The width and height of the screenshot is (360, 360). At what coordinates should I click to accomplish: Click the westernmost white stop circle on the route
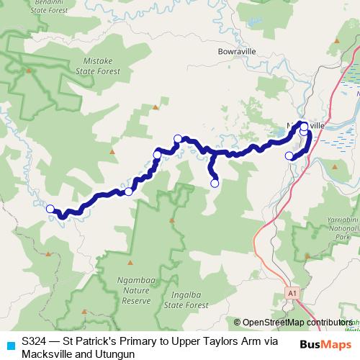pyautogui.click(x=50, y=209)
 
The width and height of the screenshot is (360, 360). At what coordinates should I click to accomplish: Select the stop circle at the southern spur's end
pyautogui.click(x=214, y=184)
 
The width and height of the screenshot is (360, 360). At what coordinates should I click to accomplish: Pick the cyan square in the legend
pyautogui.click(x=9, y=344)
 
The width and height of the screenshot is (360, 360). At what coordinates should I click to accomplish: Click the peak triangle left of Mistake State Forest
pyautogui.click(x=29, y=71)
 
